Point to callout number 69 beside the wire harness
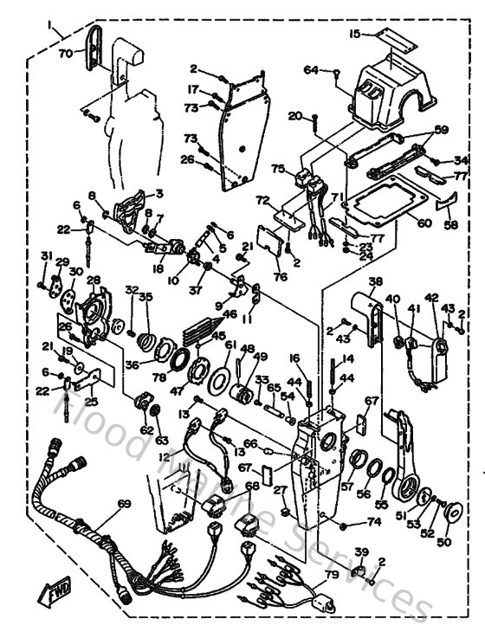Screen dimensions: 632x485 click(124, 503)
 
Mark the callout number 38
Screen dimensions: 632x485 click(375, 281)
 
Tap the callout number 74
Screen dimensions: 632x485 click(374, 522)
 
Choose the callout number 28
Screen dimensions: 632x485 click(94, 280)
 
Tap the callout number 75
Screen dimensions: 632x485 click(278, 169)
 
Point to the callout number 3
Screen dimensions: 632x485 click(159, 193)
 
